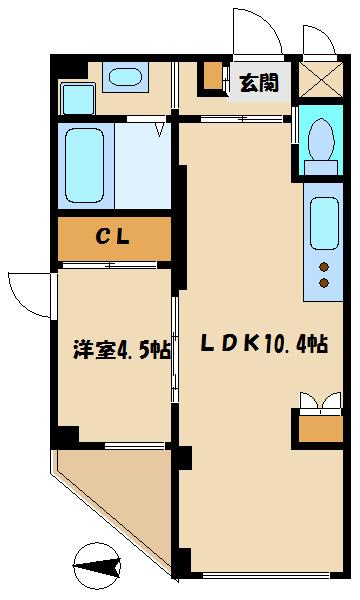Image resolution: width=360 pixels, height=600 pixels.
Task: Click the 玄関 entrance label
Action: tap(260, 83)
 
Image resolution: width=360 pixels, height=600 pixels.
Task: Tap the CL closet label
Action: tap(114, 237)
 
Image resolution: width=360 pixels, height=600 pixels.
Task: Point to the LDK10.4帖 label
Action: tap(263, 345)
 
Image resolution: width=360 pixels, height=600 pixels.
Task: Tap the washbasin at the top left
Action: tap(125, 77)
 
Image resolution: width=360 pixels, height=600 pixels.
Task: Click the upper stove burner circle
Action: tap(323, 266)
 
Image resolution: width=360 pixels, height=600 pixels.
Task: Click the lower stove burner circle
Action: tap(323, 283)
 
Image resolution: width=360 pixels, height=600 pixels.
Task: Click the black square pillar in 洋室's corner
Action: tap(67, 436)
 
